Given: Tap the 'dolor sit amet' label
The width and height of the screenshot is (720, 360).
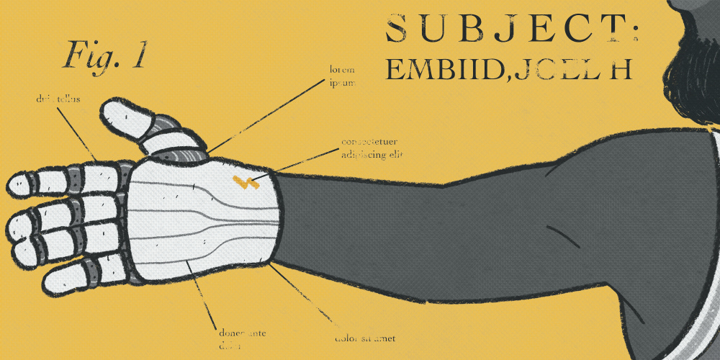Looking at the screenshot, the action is (365, 338).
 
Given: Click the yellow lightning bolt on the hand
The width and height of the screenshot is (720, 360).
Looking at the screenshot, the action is (246, 181).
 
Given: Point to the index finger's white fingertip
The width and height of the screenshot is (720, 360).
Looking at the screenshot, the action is (23, 184).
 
